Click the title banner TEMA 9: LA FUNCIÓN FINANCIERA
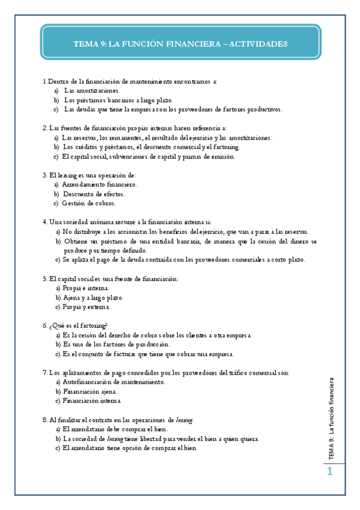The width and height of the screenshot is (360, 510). point(180,44)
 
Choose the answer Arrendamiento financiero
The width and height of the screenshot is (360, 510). point(99,184)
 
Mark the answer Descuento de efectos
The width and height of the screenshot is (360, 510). point(94,194)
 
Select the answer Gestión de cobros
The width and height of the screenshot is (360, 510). point(89,203)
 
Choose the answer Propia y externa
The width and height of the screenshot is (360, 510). point(87,307)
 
